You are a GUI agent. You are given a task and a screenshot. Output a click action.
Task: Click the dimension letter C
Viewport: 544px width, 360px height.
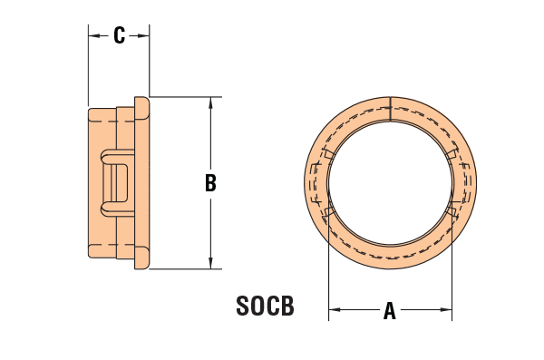tap(119, 35)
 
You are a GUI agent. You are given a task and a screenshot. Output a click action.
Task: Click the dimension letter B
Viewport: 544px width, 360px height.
tap(210, 183)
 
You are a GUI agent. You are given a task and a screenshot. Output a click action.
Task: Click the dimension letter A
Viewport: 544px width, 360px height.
tap(390, 310)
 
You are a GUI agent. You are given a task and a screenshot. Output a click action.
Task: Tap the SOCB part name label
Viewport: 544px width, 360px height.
tap(265, 306)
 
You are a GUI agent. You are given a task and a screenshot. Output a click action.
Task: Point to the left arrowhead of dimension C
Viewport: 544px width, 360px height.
tap(93, 35)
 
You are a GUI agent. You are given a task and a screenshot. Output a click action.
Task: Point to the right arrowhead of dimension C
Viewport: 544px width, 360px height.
tap(144, 35)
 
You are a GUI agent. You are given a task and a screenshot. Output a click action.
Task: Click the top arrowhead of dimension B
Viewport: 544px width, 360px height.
tap(210, 102)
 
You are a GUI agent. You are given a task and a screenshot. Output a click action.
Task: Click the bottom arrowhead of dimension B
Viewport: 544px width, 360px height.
tap(210, 263)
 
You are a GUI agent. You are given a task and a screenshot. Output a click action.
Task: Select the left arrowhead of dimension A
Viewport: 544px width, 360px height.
tap(335, 309)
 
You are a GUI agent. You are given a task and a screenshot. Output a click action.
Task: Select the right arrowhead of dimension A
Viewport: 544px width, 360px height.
tap(446, 309)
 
